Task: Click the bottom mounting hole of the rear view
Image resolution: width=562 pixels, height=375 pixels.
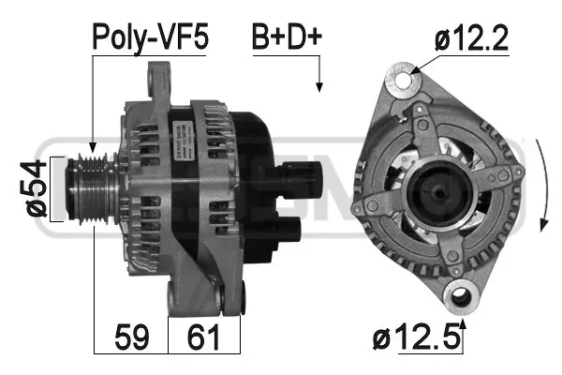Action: [459, 298]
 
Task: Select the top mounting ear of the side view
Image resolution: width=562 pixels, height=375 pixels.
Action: [161, 79]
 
